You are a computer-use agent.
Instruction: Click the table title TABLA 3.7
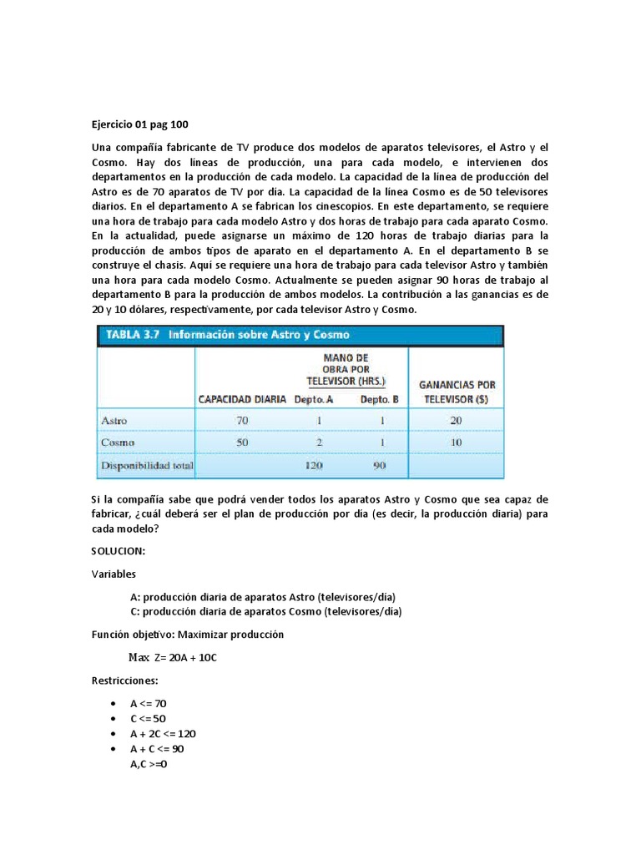click(x=133, y=335)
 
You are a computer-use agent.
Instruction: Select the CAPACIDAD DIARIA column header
click(x=241, y=399)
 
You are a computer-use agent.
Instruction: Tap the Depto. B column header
click(x=379, y=399)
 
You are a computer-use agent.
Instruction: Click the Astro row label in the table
click(x=114, y=420)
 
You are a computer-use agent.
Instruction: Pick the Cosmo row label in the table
click(x=116, y=443)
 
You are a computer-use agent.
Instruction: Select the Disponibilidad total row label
click(x=147, y=465)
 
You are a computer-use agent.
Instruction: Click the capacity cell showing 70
click(x=242, y=420)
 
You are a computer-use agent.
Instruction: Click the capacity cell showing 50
click(x=242, y=443)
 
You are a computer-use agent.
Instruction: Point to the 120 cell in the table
click(x=314, y=465)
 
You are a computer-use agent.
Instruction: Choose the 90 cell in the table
click(x=380, y=465)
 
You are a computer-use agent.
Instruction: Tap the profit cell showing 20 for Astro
click(x=456, y=420)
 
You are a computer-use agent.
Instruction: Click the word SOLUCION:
click(x=119, y=552)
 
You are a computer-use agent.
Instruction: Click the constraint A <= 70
click(x=149, y=703)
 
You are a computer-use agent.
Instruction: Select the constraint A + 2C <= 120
click(x=163, y=733)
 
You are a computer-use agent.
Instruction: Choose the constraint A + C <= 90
click(x=156, y=748)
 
